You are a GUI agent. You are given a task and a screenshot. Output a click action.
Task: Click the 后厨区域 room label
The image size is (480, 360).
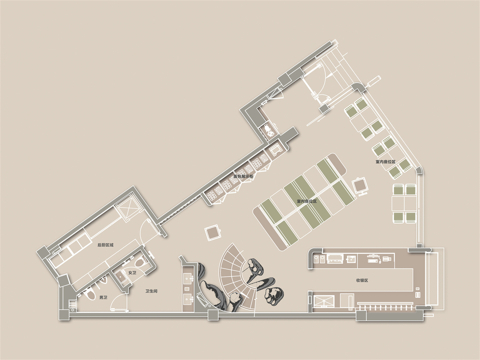pyautogui.click(x=105, y=245)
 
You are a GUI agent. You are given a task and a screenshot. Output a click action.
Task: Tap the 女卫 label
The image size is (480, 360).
pyautogui.click(x=132, y=273)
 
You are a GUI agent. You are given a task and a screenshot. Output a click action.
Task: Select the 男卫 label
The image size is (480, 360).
pyautogui.click(x=103, y=298)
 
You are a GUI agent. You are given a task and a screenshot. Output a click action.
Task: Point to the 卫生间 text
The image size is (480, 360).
pyautogui.click(x=151, y=291)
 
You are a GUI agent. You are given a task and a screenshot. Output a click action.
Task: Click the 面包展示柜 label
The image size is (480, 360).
pyautogui.click(x=243, y=176)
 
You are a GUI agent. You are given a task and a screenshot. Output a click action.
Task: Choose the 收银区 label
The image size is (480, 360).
pyautogui.click(x=362, y=280)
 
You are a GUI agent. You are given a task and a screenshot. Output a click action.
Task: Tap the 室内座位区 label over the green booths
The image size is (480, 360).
pyautogui.click(x=307, y=201)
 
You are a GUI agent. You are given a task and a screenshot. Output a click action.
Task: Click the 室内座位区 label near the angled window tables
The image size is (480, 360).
pyautogui.click(x=386, y=162)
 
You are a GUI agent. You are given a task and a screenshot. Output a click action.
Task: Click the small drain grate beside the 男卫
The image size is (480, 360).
pyautogui.click(x=72, y=304)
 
